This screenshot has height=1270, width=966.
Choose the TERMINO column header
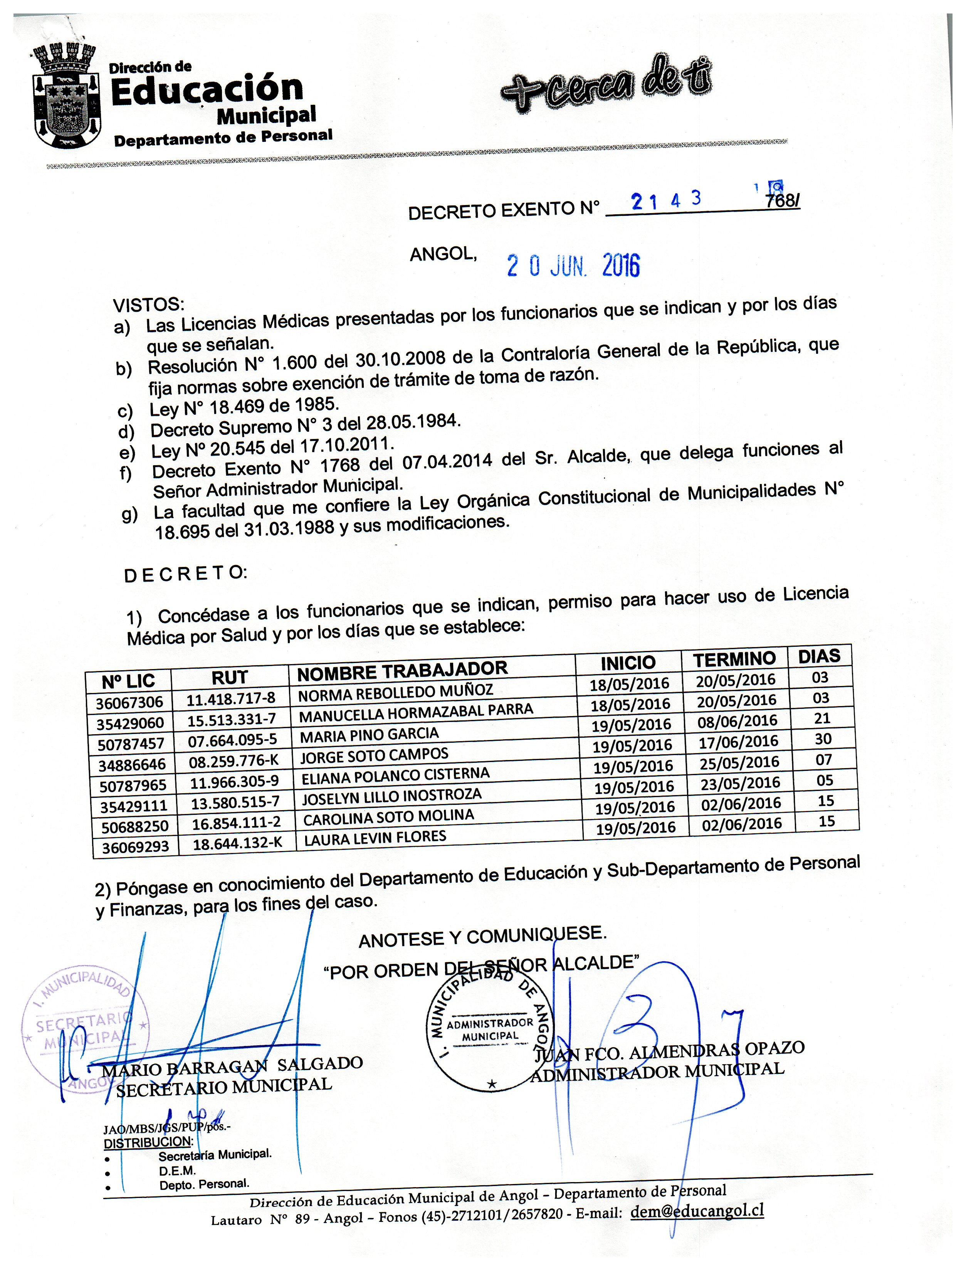734,660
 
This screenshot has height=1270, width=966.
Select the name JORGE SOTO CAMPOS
374,755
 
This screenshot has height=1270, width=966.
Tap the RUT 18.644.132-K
237,843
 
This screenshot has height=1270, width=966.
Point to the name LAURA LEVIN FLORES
375,838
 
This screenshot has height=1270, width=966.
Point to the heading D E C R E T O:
185,574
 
